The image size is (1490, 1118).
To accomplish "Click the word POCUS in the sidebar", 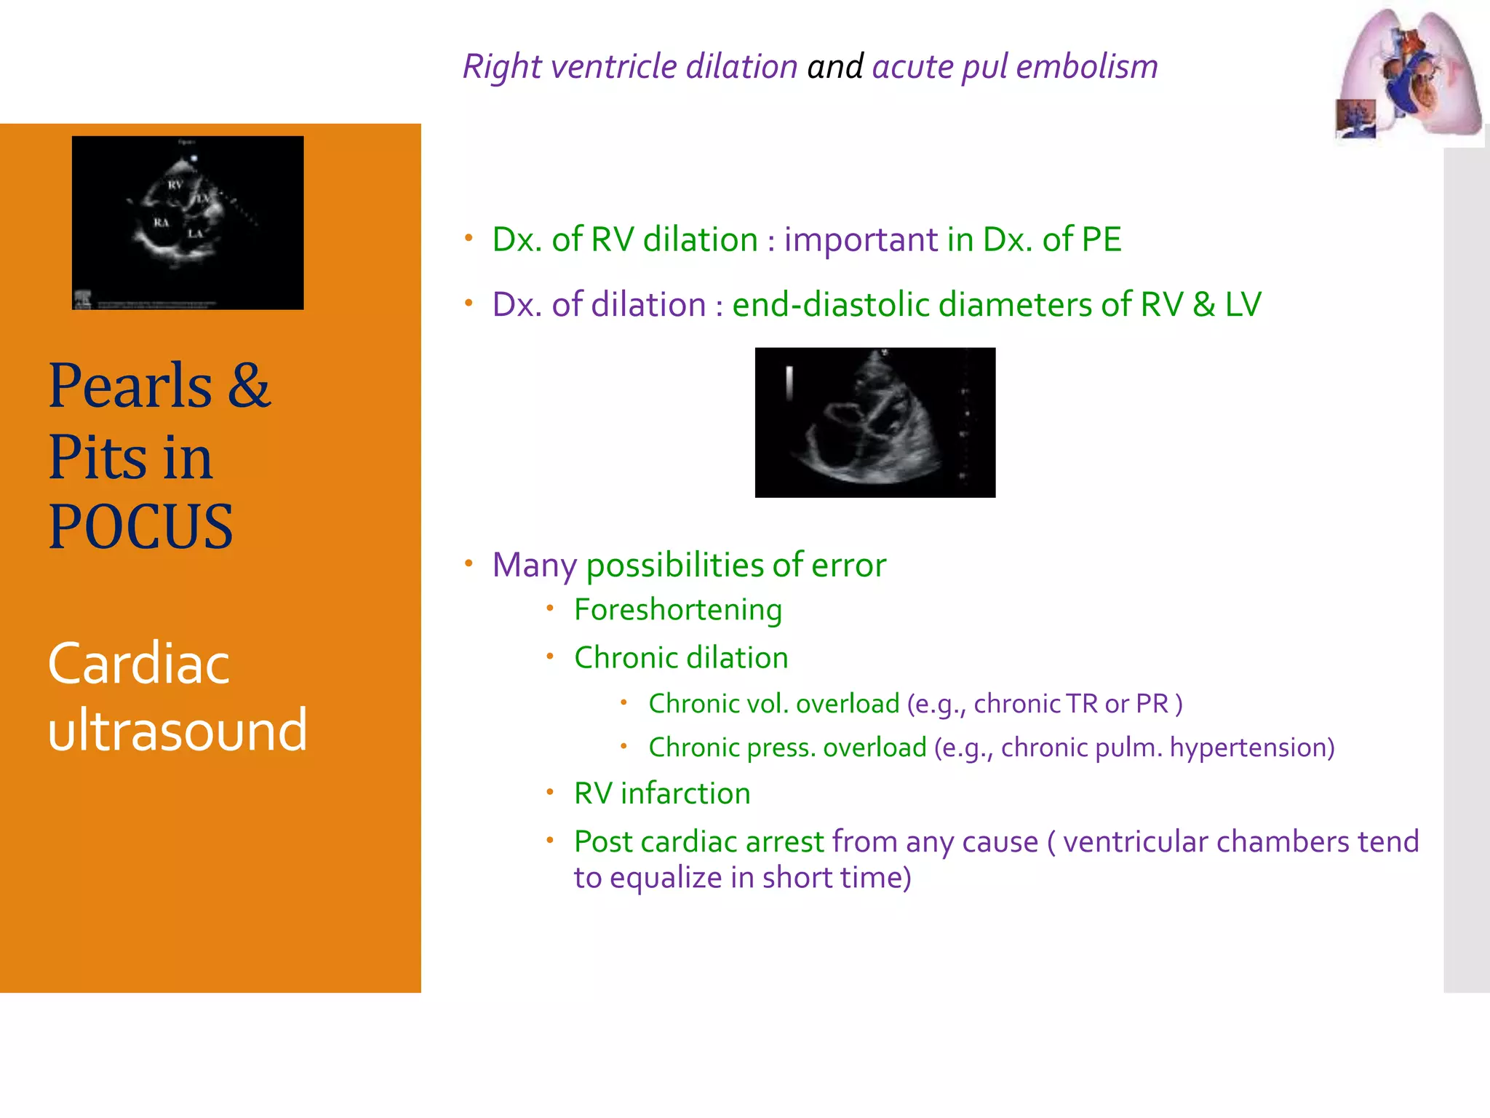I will pos(140,527).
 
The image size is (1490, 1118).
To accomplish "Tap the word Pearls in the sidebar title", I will pos(131,386).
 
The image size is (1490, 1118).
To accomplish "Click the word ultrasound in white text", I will pos(178,730).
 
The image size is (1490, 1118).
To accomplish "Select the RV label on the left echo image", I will pos(175,185).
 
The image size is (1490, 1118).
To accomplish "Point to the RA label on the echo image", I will pos(161,222).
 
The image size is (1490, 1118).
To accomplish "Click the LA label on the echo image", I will pos(195,234).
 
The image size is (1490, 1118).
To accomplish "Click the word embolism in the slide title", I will pos(1087,66).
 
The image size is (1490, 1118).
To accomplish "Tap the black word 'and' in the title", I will pos(835,66).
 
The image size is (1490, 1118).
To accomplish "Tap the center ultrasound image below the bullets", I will pos(875,423).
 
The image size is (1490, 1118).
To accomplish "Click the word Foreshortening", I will pos(677,610).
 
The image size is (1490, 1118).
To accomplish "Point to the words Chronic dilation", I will pos(681,658).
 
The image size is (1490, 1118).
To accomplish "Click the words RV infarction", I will pos(662,793).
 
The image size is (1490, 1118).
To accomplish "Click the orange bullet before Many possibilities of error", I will pos(469,563).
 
